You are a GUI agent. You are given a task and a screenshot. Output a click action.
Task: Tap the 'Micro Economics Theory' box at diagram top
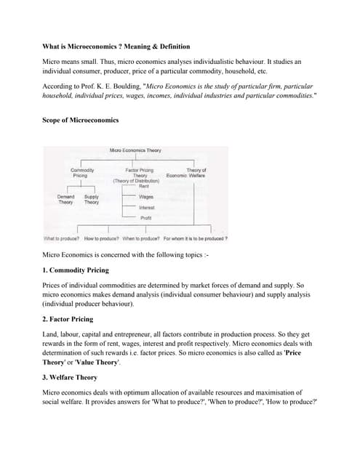(135, 150)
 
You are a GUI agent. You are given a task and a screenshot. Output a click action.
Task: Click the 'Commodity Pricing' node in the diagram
(80, 172)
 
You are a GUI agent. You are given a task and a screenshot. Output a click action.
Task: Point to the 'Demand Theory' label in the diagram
(65, 199)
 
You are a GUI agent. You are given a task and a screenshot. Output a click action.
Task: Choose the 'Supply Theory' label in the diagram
(92, 199)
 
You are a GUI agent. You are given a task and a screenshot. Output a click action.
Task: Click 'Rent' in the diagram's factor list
(144, 187)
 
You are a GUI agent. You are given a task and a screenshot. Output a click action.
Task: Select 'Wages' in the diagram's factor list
(145, 197)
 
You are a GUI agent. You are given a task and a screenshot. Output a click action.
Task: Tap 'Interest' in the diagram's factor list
(146, 208)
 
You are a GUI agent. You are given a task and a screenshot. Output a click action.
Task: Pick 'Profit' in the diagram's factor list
(145, 218)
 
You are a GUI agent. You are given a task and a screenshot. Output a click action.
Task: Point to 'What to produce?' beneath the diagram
(63, 238)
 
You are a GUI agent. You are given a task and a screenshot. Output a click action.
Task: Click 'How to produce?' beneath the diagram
(102, 238)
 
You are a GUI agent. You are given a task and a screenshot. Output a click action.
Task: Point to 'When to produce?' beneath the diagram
(141, 238)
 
